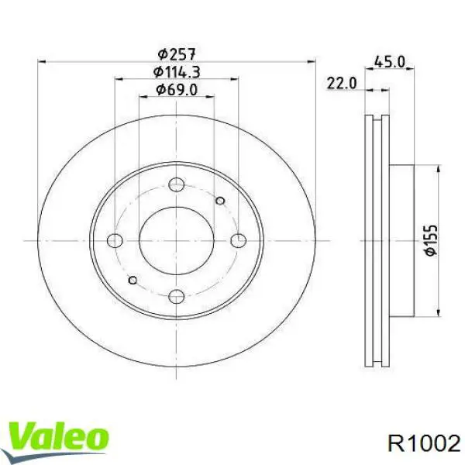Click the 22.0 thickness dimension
pos(341,83)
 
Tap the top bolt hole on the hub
pos(177,184)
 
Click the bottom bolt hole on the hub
pos(177,295)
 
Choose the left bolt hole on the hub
pos(115,239)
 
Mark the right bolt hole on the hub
pos(238,239)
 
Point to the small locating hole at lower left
pos(133,279)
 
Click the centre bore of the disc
pos(177,239)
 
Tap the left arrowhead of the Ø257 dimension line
pos(41,61)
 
